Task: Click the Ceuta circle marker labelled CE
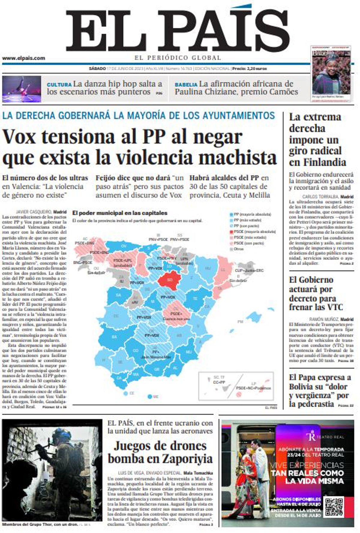(125, 393)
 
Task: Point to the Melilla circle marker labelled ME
(149, 397)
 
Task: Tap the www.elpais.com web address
(23, 58)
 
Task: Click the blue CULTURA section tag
(59, 85)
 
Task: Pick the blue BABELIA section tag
(186, 85)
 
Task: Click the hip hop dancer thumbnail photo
(22, 89)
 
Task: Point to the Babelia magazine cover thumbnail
(331, 74)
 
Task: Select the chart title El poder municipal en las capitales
(119, 213)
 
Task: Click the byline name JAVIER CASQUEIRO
(33, 212)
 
